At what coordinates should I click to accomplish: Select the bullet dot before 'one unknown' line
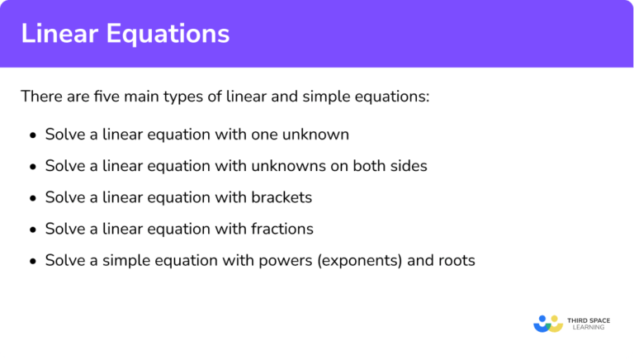click(32, 135)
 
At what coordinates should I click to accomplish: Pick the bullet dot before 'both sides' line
click(32, 166)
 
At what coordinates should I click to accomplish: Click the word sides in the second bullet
click(408, 165)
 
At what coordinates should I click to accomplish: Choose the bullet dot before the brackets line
click(32, 197)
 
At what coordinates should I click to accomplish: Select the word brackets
click(282, 197)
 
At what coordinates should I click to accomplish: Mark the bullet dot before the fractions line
click(32, 229)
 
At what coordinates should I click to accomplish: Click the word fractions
click(282, 228)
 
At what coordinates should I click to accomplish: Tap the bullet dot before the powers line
click(32, 260)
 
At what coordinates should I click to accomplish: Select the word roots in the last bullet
click(456, 259)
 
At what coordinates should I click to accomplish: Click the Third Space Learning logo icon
click(547, 323)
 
